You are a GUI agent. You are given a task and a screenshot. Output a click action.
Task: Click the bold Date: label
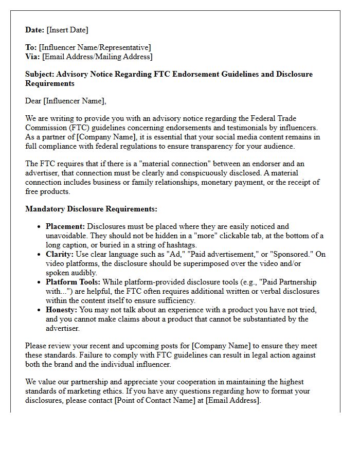(35, 30)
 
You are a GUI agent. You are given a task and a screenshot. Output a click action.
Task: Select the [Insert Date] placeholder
(67, 30)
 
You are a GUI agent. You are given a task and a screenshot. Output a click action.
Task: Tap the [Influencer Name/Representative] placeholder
(95, 48)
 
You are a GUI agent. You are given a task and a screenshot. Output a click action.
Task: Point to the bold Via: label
(33, 57)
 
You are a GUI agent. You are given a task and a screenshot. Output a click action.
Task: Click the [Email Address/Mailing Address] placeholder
(97, 57)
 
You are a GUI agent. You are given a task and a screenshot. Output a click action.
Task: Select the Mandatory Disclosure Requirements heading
(91, 209)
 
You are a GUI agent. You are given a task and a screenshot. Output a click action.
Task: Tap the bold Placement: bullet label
(65, 226)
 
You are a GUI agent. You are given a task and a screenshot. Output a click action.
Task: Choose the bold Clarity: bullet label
(60, 254)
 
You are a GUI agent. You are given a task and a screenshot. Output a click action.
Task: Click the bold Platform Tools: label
(73, 282)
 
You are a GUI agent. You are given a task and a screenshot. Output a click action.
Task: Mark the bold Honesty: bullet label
(62, 310)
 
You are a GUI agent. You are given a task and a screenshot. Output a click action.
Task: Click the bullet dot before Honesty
(40, 310)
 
